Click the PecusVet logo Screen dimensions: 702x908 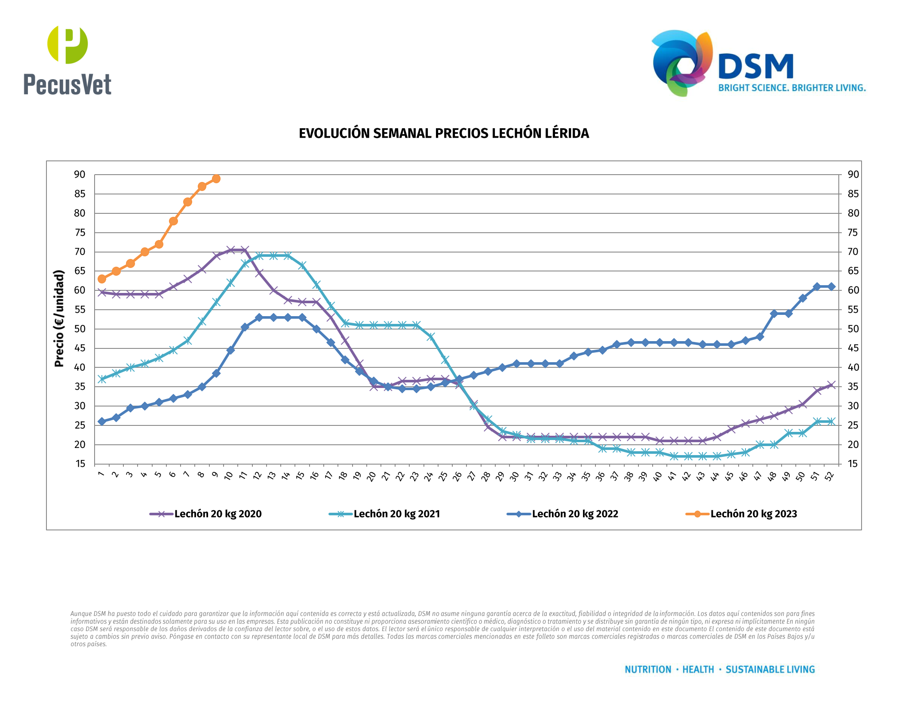pyautogui.click(x=67, y=60)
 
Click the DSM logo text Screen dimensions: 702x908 pyautogui.click(x=756, y=67)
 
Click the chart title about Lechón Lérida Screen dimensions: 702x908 pyautogui.click(x=444, y=133)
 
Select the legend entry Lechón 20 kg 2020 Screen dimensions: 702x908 pyautogui.click(x=218, y=514)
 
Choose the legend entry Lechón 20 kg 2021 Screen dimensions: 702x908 pyautogui.click(x=396, y=514)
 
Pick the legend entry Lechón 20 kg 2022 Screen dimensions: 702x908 pyautogui.click(x=575, y=514)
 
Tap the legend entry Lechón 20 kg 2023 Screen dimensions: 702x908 pyautogui.click(x=753, y=514)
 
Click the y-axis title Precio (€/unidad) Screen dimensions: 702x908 pyautogui.click(x=59, y=318)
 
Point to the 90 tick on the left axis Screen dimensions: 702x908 pyautogui.click(x=80, y=175)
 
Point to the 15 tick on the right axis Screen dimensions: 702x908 pyautogui.click(x=853, y=464)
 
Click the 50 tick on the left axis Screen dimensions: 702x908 pyautogui.click(x=80, y=329)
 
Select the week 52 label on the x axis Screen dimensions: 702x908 pyautogui.click(x=829, y=476)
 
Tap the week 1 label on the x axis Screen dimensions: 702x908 pyautogui.click(x=101, y=474)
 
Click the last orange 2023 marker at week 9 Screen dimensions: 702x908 pyautogui.click(x=216, y=179)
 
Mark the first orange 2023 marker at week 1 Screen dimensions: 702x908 pyautogui.click(x=102, y=279)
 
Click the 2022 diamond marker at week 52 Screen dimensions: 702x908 pyautogui.click(x=831, y=286)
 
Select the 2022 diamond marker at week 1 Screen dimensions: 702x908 pyautogui.click(x=102, y=422)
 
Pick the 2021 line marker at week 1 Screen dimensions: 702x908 pyautogui.click(x=102, y=379)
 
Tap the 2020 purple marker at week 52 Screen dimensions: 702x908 pyautogui.click(x=831, y=385)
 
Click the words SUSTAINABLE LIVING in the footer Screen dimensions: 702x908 pyautogui.click(x=770, y=670)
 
